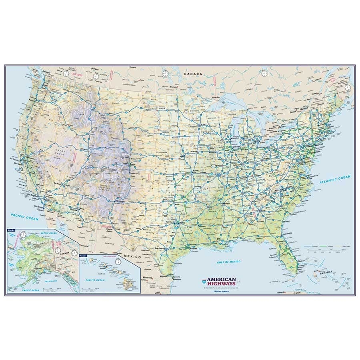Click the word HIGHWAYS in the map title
(222, 284)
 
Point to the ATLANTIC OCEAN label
(334, 179)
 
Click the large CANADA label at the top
(193, 74)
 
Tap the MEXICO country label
(132, 256)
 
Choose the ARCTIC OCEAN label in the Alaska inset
(47, 233)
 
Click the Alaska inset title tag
(11, 230)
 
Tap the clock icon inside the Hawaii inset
(118, 261)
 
